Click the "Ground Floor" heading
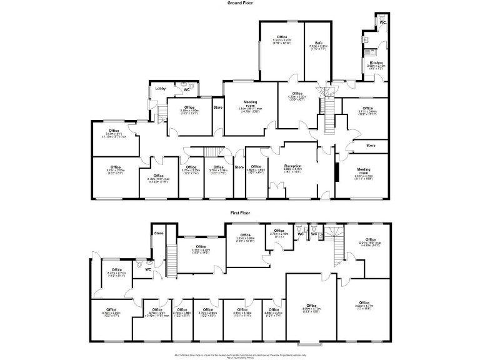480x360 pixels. coord(239,3)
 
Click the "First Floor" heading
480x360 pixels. coord(239,213)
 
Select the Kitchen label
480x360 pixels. coord(376,63)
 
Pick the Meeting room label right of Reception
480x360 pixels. coord(364,169)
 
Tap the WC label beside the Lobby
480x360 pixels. coord(187,90)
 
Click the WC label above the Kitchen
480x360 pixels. coord(382,22)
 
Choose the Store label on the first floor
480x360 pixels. coord(159,234)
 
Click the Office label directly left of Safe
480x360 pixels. coord(282,37)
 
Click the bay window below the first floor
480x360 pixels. coord(311,343)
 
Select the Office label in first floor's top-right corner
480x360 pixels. coord(371,239)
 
